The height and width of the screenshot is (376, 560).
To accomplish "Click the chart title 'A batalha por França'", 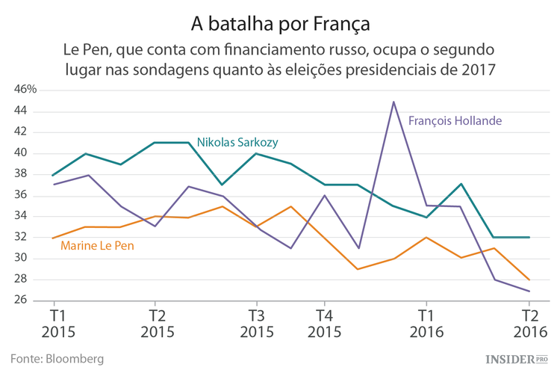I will coord(280,22).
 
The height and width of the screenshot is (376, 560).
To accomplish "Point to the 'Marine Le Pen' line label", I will coord(97,245).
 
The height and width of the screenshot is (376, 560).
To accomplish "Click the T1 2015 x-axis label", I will coord(55,323).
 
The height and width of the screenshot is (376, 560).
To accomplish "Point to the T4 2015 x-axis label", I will coord(323,323).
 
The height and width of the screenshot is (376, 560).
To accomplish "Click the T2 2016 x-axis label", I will coord(529,323).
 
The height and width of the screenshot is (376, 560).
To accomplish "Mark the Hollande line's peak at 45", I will coord(393,102).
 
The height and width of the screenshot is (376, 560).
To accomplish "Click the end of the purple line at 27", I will coord(529,291).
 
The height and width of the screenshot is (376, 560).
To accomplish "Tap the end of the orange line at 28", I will coord(529,280).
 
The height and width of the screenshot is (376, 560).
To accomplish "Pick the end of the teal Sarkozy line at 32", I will coord(529,237).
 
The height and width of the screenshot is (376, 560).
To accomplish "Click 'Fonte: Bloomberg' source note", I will coord(57,359).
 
